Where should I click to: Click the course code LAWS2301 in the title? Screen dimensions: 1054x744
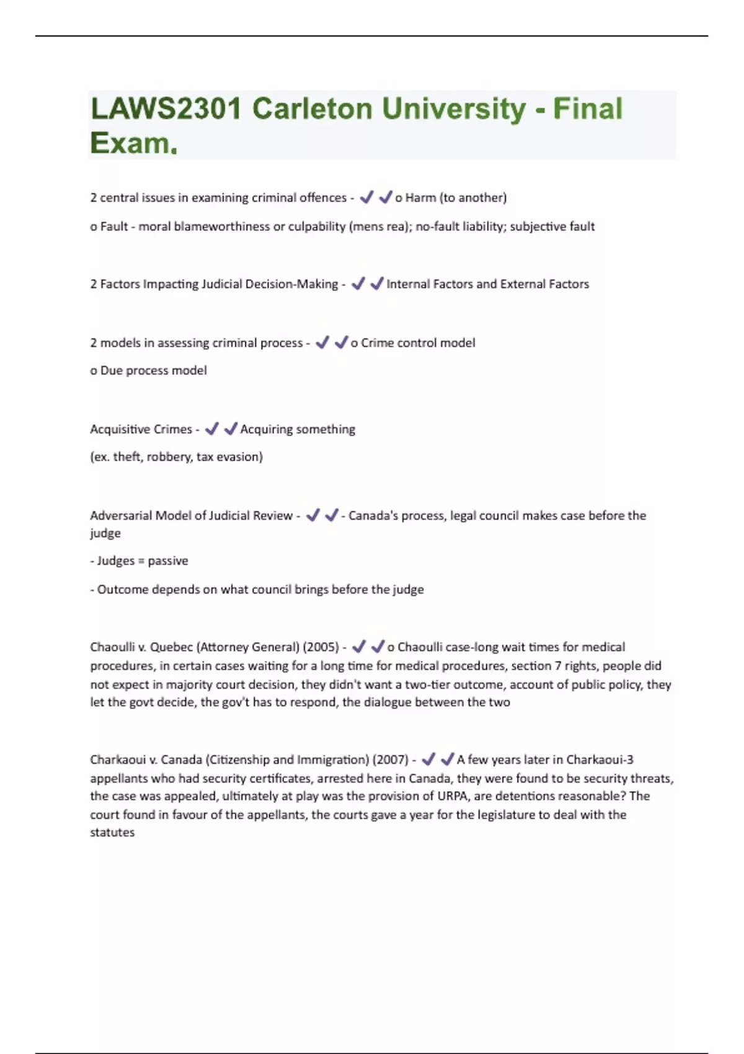(x=166, y=109)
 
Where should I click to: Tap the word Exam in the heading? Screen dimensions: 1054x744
(x=130, y=143)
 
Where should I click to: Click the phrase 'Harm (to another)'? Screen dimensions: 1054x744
(x=456, y=198)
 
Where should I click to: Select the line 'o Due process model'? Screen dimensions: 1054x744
(x=149, y=371)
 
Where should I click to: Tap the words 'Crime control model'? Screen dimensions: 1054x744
(x=418, y=343)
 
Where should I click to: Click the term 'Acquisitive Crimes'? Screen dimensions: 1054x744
(x=141, y=429)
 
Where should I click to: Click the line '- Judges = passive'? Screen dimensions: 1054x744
(x=139, y=561)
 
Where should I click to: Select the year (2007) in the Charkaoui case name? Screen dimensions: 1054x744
(x=390, y=760)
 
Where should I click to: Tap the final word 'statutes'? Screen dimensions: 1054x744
(x=112, y=833)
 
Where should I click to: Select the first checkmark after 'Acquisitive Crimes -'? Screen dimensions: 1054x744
(x=212, y=428)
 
